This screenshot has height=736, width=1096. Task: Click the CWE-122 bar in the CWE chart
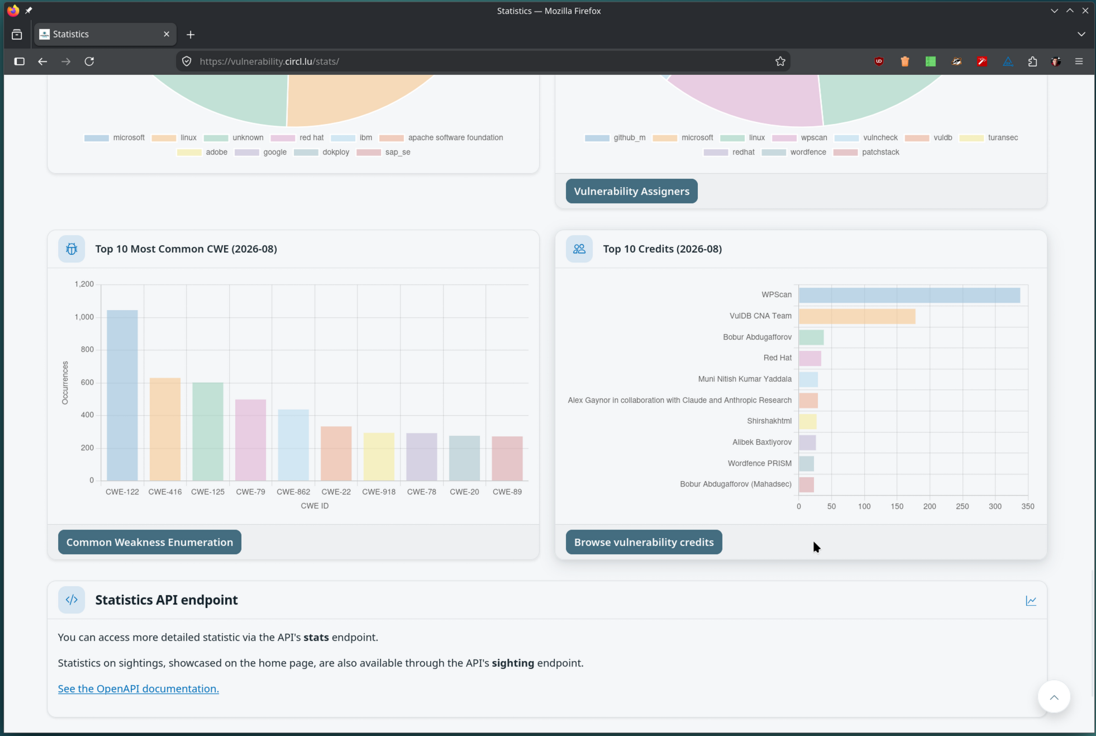pos(122,395)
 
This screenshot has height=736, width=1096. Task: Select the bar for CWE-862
pos(293,445)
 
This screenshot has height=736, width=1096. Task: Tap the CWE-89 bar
pos(507,458)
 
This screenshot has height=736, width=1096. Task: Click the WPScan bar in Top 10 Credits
pos(909,295)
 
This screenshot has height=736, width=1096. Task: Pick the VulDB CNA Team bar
pos(857,316)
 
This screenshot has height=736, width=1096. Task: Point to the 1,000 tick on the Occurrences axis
pos(84,317)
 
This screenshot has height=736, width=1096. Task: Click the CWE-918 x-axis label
pos(379,492)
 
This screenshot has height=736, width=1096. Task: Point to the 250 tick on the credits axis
pos(962,506)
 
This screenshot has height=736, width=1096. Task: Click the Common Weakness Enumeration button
pos(150,542)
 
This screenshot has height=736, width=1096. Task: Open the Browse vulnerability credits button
pos(644,542)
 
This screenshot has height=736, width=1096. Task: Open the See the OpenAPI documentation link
pos(139,688)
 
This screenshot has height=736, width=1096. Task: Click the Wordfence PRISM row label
pos(760,463)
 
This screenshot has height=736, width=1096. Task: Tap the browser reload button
pos(89,61)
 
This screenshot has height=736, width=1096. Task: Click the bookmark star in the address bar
pos(780,61)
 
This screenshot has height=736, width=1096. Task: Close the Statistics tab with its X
pos(166,34)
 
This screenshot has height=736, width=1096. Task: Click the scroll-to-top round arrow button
pos(1054,697)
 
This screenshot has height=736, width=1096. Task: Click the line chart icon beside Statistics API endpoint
pos(1031,601)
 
